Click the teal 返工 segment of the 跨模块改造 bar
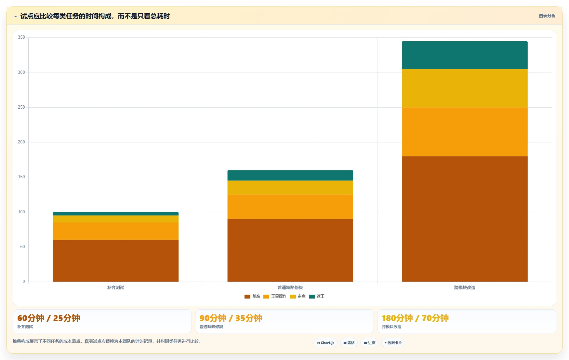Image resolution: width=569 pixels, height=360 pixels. [465, 55]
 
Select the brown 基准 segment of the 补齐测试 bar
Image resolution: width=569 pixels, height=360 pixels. [116, 261]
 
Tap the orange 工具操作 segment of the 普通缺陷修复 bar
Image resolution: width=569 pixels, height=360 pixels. [290, 207]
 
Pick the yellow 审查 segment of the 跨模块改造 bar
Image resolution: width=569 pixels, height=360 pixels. [465, 88]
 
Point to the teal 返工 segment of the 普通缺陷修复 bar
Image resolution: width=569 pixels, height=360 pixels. [290, 175]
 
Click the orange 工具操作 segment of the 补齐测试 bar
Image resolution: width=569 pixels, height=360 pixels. [116, 231]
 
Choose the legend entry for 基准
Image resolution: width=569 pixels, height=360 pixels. [252, 296]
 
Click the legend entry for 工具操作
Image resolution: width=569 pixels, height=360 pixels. [275, 296]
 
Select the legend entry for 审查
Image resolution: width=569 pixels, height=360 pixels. [298, 296]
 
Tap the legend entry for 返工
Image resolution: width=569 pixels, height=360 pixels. [317, 296]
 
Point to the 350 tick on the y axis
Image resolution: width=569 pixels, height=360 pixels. [21, 37]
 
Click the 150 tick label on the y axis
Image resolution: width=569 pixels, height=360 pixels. [21, 177]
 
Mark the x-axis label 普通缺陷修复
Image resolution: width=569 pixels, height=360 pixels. [290, 287]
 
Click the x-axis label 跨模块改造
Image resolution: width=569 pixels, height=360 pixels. [465, 287]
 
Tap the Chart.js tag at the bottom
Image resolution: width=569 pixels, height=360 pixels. [325, 343]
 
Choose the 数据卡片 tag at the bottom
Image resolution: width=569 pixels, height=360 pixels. [393, 343]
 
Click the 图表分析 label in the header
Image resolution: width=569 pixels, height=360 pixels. [547, 16]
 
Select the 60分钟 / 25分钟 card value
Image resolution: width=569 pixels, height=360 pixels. [49, 318]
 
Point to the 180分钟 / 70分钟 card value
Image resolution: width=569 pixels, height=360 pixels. [415, 318]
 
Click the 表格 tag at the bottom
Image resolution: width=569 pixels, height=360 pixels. [349, 343]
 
